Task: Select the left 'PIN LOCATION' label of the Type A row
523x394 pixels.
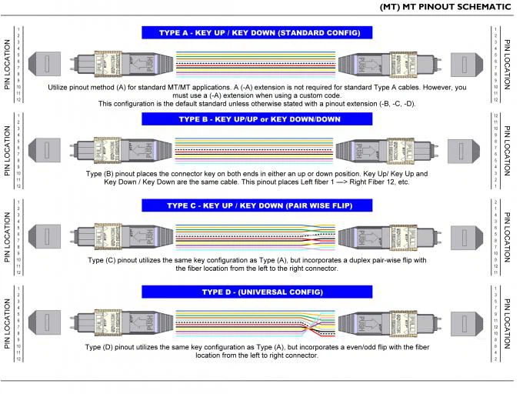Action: click(x=8, y=65)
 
